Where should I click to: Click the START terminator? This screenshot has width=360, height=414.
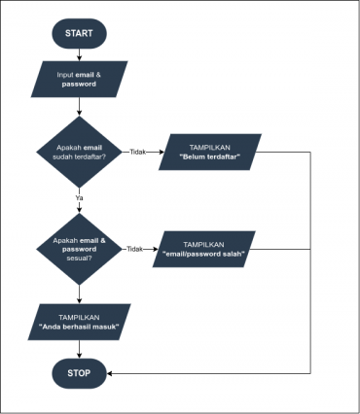tap(79, 33)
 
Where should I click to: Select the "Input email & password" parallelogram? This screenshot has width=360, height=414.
tap(79, 78)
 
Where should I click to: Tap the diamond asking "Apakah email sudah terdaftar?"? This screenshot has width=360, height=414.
tap(79, 152)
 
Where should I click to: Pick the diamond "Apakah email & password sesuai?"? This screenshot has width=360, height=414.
tap(79, 249)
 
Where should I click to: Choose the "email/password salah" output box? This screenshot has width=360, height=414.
tap(204, 249)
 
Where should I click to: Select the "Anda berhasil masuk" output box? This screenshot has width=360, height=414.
tap(79, 322)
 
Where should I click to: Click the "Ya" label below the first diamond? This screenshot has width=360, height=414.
tap(79, 197)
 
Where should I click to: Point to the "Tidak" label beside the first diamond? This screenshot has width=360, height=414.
tap(138, 152)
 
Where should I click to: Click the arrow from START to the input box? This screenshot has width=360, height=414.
tap(79, 53)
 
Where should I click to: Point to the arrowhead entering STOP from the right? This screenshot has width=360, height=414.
tap(111, 372)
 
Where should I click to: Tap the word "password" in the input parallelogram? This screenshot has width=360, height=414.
tap(79, 84)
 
